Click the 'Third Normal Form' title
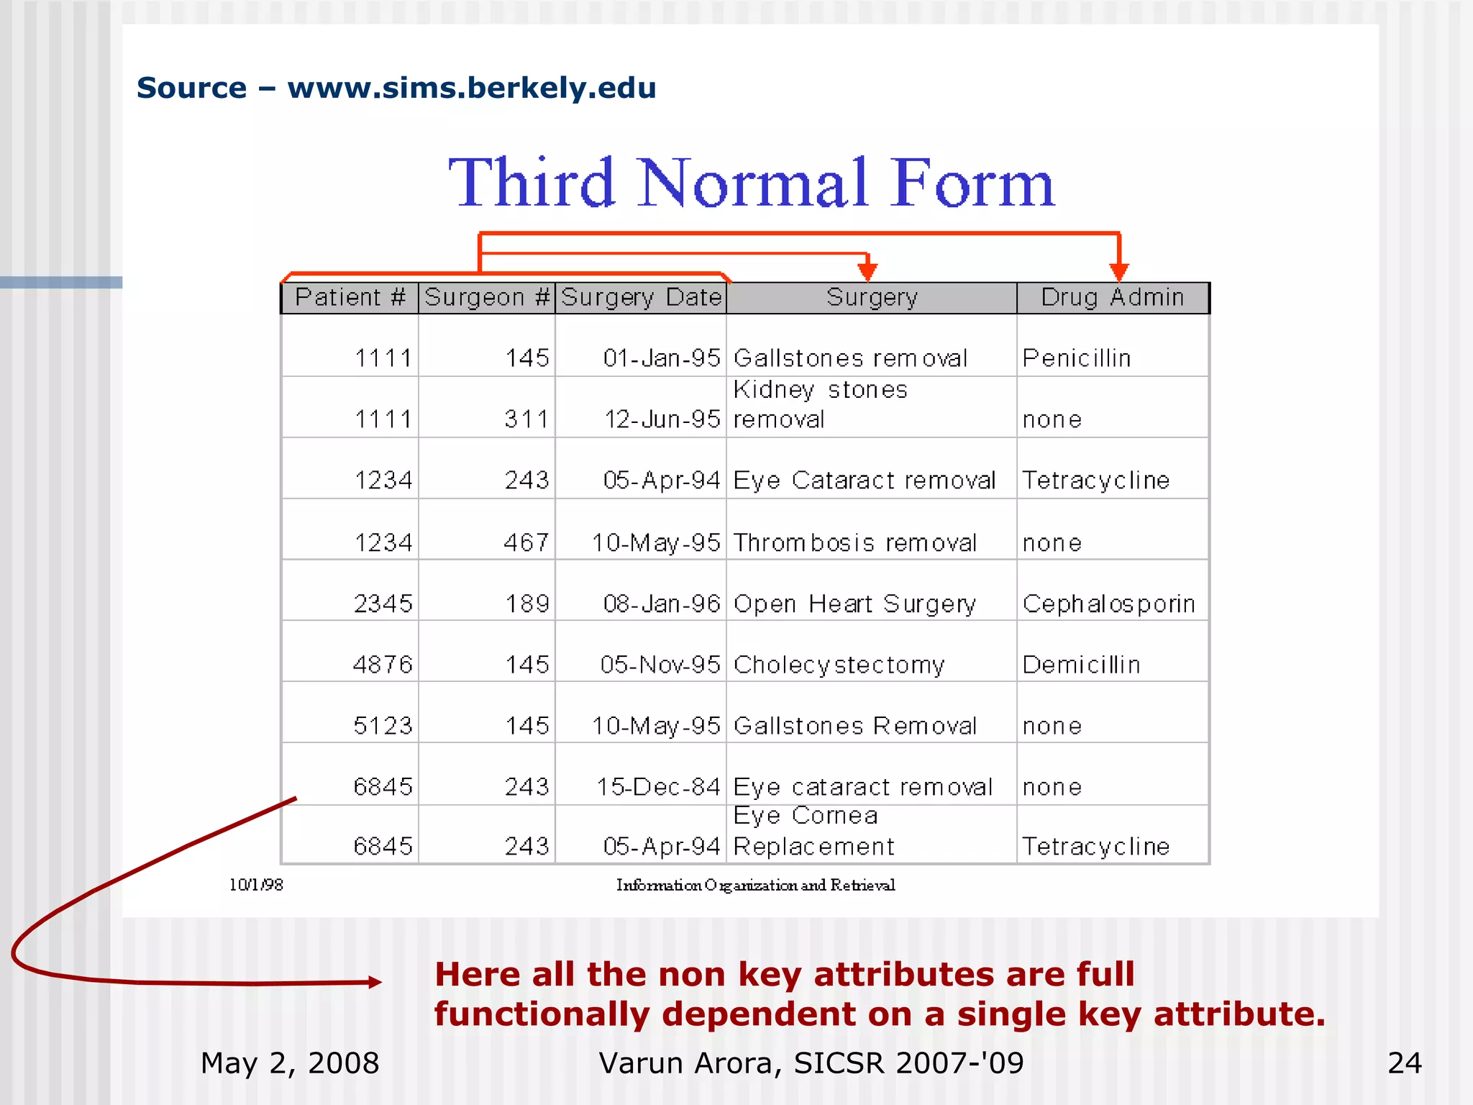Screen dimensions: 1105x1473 pyautogui.click(x=751, y=183)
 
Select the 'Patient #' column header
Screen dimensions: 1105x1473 pyautogui.click(x=350, y=297)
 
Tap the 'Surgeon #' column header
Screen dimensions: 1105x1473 pyautogui.click(x=487, y=297)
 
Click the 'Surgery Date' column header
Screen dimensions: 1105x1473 pyautogui.click(x=641, y=297)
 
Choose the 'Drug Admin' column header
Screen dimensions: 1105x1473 pyautogui.click(x=1112, y=297)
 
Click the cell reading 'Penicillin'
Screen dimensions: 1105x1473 pyautogui.click(x=1077, y=358)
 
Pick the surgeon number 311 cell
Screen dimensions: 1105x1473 pyautogui.click(x=527, y=419)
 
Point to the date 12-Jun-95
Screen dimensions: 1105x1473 pyautogui.click(x=662, y=419)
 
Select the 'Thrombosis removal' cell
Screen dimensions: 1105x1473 pyautogui.click(x=855, y=543)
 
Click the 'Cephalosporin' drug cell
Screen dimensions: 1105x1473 pyautogui.click(x=1108, y=604)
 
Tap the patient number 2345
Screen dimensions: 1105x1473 pyautogui.click(x=383, y=604)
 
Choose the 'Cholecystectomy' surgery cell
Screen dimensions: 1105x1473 pyautogui.click(x=839, y=665)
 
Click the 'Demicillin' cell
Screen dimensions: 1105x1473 pyautogui.click(x=1081, y=665)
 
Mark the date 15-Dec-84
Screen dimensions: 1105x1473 pyautogui.click(x=658, y=788)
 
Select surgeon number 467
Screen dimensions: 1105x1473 pyautogui.click(x=527, y=543)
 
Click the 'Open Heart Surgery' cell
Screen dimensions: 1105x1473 pyautogui.click(x=854, y=604)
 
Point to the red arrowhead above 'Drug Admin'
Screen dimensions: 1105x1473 pyautogui.click(x=1118, y=272)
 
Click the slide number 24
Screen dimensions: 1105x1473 pyautogui.click(x=1404, y=1063)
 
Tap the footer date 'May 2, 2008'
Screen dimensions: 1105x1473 pyautogui.click(x=290, y=1063)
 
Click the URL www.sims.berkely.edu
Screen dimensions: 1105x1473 pyautogui.click(x=472, y=88)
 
